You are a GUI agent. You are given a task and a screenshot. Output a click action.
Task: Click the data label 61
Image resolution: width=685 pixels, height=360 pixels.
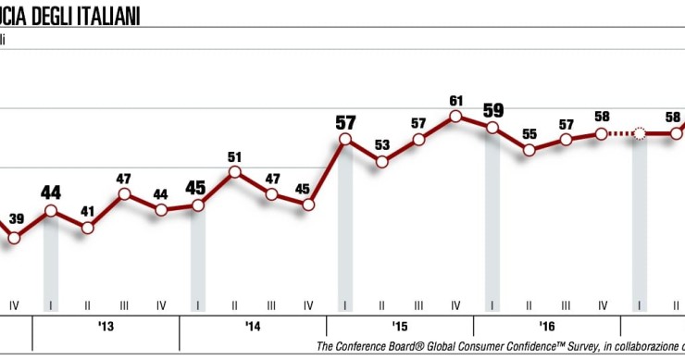(x=455, y=100)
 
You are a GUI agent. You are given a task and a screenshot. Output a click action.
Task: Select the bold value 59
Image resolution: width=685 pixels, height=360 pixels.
(x=492, y=110)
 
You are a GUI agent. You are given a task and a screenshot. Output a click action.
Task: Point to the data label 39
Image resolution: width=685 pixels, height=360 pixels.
(x=17, y=219)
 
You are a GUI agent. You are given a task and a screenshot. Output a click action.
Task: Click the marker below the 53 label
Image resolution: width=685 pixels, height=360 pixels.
(x=381, y=162)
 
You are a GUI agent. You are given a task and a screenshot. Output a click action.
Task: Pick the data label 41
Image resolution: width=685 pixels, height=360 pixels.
(x=88, y=210)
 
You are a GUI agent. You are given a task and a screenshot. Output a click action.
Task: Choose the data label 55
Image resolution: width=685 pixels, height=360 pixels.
(x=529, y=133)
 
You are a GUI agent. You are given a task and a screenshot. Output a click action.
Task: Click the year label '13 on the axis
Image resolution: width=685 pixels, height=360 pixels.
(x=106, y=327)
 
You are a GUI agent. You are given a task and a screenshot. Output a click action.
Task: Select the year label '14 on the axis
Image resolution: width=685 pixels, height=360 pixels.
(x=253, y=327)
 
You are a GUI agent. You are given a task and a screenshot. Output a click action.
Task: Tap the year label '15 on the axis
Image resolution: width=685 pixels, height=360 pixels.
(x=400, y=327)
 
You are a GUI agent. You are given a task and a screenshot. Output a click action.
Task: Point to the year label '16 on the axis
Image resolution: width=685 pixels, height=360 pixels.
(x=547, y=327)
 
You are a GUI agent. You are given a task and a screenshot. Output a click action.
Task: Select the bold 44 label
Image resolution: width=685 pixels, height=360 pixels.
(x=51, y=192)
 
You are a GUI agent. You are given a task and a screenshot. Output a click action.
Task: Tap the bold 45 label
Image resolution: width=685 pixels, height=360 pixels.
(x=197, y=188)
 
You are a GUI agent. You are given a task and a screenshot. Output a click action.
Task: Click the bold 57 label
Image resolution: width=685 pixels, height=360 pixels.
(x=345, y=121)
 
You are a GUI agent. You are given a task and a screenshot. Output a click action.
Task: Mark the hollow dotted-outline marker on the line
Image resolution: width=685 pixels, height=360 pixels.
(x=639, y=134)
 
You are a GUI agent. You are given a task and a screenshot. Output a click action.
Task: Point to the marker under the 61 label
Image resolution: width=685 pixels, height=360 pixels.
(x=455, y=117)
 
